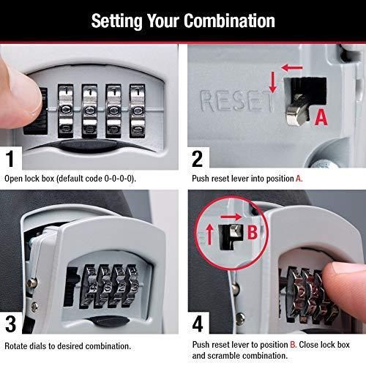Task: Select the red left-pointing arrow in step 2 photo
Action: tap(291, 67)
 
